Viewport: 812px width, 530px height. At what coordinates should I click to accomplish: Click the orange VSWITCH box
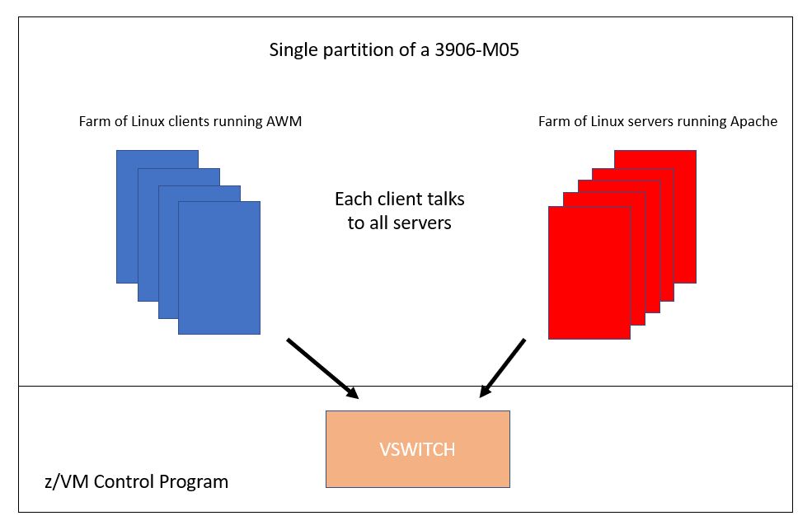click(417, 448)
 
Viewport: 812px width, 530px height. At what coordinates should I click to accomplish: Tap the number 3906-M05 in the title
click(476, 49)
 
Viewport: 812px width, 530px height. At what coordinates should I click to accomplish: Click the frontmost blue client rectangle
click(219, 268)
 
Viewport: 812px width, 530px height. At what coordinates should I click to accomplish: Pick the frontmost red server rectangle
click(589, 273)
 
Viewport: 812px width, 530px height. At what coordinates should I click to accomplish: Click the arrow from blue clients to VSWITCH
click(322, 368)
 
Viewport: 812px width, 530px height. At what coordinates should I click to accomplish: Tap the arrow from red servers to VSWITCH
click(502, 368)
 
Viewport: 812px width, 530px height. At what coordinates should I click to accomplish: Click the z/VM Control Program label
click(136, 481)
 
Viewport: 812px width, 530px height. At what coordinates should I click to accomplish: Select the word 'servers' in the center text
click(422, 223)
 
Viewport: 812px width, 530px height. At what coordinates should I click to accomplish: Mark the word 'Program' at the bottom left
click(194, 482)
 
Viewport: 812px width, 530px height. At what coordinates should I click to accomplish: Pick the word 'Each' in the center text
click(353, 199)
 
